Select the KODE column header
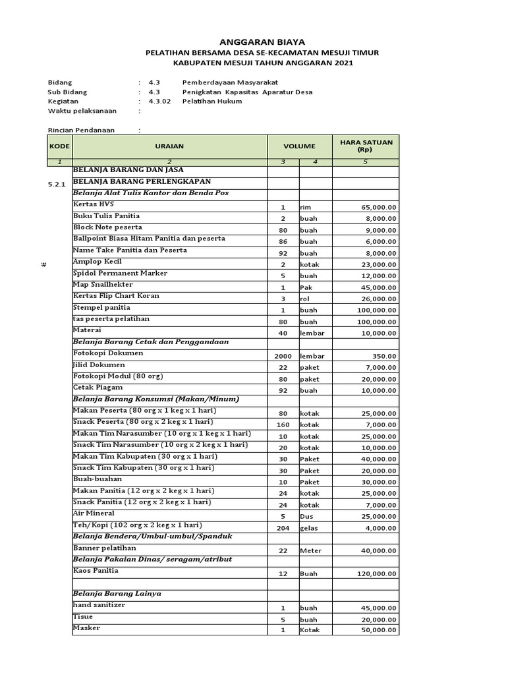[59, 146]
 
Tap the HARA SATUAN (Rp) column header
[366, 146]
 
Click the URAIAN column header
[169, 146]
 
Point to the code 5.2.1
[57, 185]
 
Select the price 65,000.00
[379, 208]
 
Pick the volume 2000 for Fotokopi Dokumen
[283, 357]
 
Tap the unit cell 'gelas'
[309, 529]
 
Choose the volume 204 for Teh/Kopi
[283, 529]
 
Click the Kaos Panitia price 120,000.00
[376, 574]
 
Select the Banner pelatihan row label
[104, 548]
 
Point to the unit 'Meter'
[311, 551]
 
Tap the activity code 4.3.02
[159, 102]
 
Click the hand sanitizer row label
[99, 604]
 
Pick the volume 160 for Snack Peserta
[283, 425]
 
